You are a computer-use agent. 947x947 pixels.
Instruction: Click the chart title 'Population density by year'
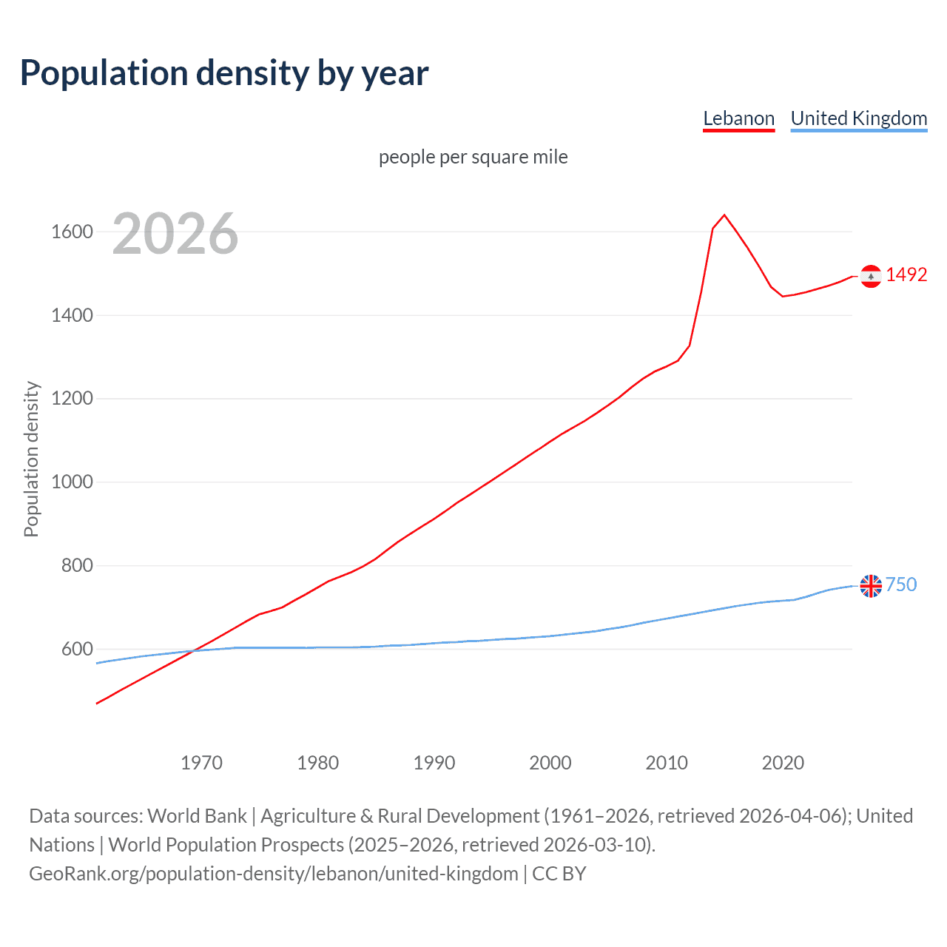tap(224, 73)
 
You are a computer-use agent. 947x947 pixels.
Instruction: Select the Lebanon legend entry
tap(738, 118)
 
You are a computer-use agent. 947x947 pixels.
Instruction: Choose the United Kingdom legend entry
tap(858, 118)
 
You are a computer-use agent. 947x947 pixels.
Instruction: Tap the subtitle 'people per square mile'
tap(473, 157)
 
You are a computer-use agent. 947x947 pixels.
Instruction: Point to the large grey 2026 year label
tap(175, 234)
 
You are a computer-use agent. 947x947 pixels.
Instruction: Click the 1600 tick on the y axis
tap(72, 232)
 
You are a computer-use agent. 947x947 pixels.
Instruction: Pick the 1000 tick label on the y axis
tap(72, 482)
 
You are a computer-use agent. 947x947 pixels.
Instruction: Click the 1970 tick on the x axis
tap(201, 762)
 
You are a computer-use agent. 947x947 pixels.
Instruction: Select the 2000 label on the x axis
tap(550, 762)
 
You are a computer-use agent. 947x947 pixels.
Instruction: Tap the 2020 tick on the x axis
tap(783, 762)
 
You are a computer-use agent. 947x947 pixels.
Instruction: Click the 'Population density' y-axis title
tap(31, 459)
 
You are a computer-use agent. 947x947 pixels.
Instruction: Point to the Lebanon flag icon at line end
tap(871, 276)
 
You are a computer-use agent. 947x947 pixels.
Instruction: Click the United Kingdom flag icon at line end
tap(871, 586)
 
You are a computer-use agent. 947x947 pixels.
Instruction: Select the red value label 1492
tap(906, 274)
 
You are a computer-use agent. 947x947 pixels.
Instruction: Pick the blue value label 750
tap(901, 584)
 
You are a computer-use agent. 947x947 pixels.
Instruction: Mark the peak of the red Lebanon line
tap(724, 215)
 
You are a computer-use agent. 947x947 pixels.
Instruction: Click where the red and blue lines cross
tap(194, 650)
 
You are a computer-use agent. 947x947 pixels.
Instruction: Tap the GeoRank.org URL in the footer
tap(273, 873)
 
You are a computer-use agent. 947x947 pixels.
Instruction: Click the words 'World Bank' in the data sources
tap(197, 815)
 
